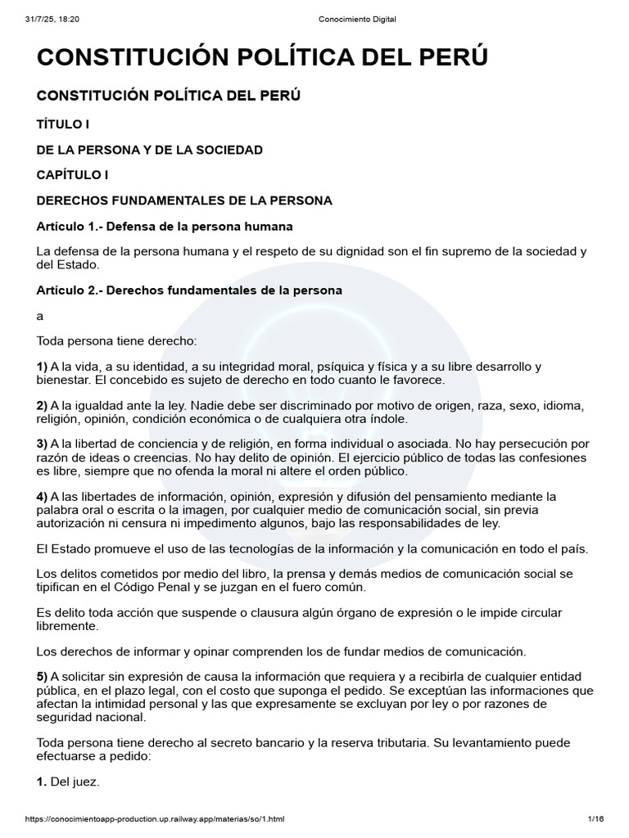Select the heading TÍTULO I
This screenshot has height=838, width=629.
pos(62,124)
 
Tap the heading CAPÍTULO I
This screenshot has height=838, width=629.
pos(72,174)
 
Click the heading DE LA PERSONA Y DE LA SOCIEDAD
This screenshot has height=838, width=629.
pos(150,149)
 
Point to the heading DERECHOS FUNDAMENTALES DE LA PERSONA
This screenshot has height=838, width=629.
pos(184,200)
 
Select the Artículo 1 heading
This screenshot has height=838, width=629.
pos(165,226)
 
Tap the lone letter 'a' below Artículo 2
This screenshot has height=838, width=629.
pos(40,316)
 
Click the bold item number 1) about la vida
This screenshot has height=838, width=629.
pos(43,367)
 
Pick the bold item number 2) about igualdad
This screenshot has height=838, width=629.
pos(43,405)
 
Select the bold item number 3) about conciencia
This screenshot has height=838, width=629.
pos(43,444)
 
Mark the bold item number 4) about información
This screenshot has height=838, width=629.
pos(43,496)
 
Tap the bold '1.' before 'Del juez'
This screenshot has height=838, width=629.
pos(42,782)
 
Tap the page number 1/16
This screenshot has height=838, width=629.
pos(595,819)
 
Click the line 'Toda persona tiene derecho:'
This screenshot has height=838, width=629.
pos(117,340)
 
